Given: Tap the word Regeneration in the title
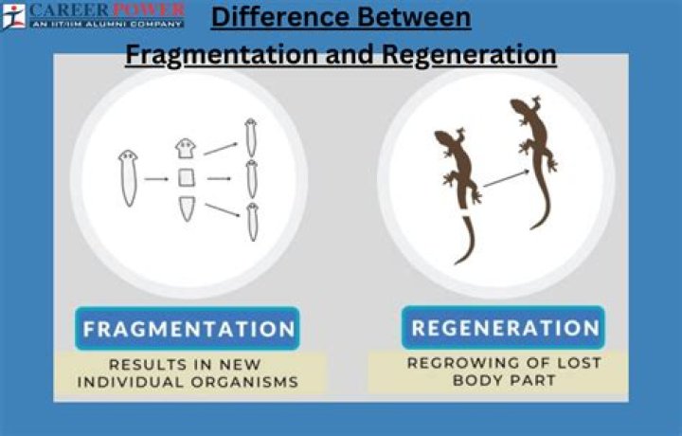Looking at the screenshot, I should point(469,54).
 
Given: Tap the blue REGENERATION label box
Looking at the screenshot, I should point(504,329).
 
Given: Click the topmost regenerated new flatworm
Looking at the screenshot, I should point(251,138).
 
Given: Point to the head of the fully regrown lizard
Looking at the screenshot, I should point(518,107).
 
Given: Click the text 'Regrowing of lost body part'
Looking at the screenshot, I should point(504,371).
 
